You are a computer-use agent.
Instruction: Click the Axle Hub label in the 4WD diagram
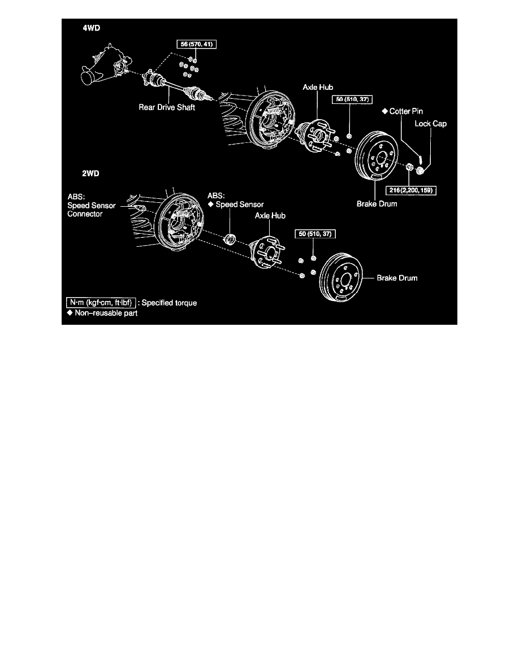318,89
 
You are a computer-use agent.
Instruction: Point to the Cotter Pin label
402,111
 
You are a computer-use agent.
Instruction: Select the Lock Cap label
431,123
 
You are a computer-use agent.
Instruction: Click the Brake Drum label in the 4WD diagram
377,204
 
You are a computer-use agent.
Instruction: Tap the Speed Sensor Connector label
91,206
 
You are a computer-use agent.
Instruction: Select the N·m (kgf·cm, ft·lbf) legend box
100,303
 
